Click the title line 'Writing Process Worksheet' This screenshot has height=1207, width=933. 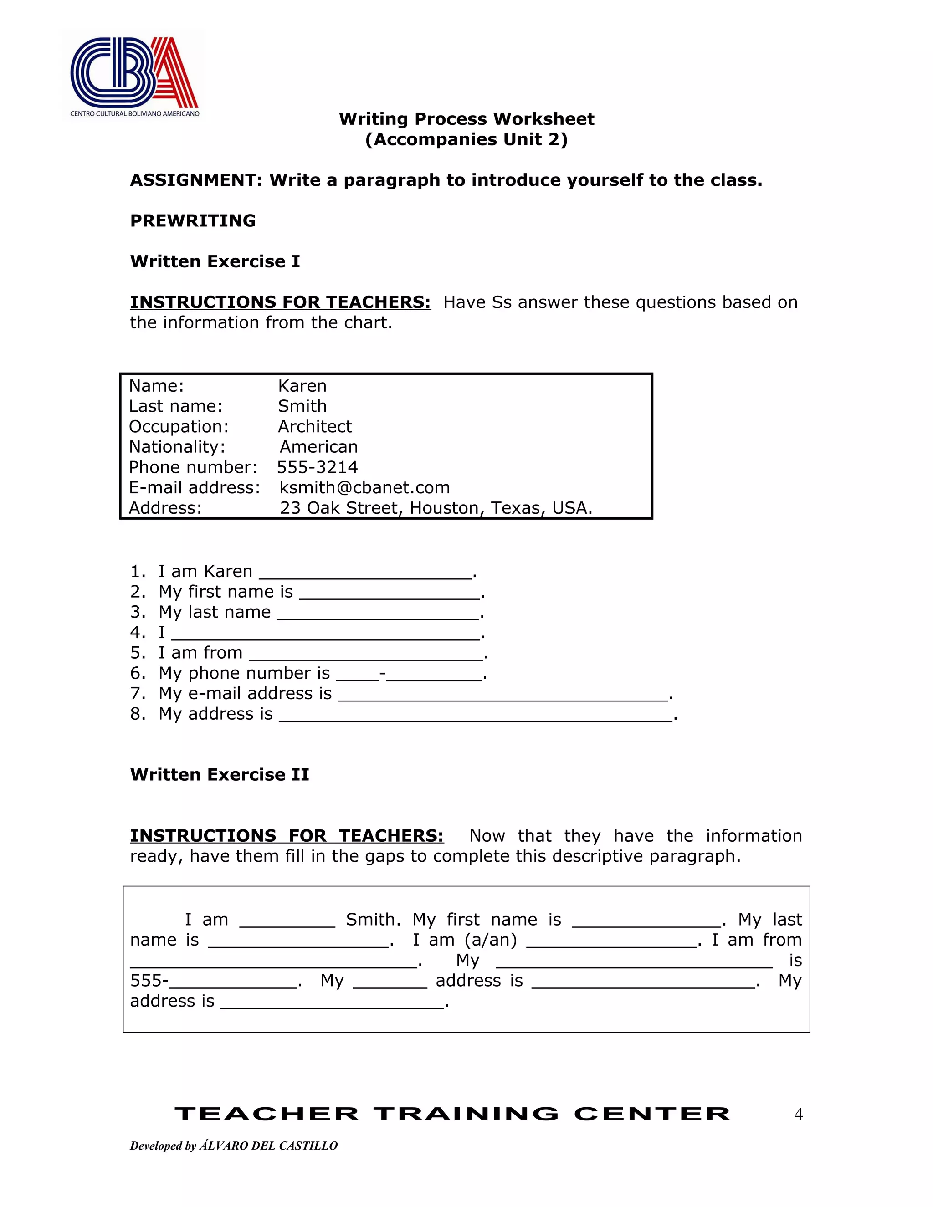(466, 119)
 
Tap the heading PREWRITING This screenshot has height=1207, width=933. (192, 220)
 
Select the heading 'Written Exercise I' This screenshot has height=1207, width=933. (215, 261)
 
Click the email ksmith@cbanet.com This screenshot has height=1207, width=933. (364, 487)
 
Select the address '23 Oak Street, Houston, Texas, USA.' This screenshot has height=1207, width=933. (436, 508)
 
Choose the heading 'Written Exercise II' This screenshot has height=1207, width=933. (220, 775)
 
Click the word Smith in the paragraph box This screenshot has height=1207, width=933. (373, 920)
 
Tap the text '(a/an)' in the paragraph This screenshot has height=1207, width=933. (490, 940)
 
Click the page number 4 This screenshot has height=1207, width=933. (798, 1115)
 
